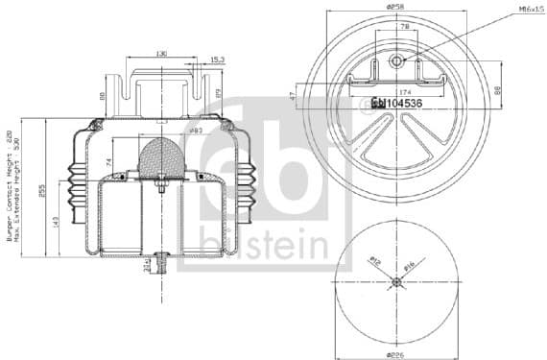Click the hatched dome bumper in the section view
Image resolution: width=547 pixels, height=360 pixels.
click(x=160, y=156)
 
